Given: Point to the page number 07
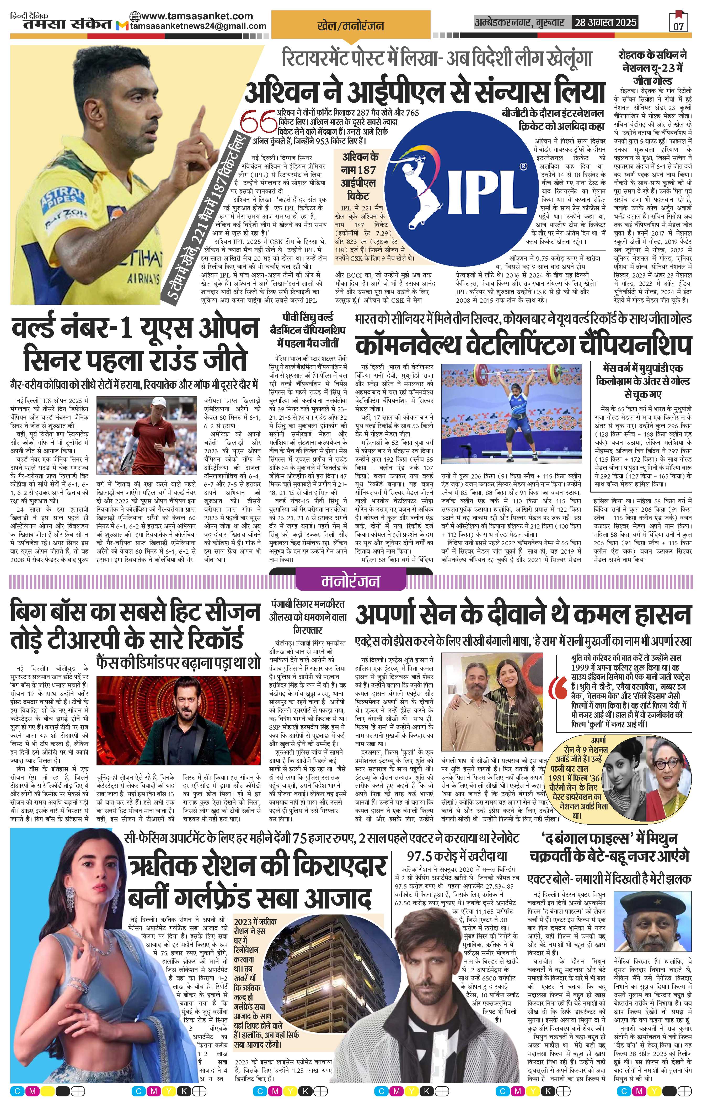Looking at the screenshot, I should (x=678, y=26).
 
